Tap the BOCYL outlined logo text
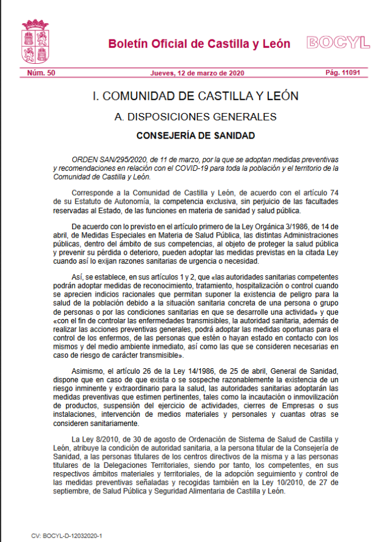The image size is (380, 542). (x=338, y=43)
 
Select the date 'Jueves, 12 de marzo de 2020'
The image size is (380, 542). (x=197, y=73)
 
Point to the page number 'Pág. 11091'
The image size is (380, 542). (x=342, y=73)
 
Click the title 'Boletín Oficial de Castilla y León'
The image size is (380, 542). (x=199, y=44)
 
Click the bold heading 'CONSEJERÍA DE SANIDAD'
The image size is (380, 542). (x=195, y=135)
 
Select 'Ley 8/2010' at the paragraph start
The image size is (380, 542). (x=90, y=439)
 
